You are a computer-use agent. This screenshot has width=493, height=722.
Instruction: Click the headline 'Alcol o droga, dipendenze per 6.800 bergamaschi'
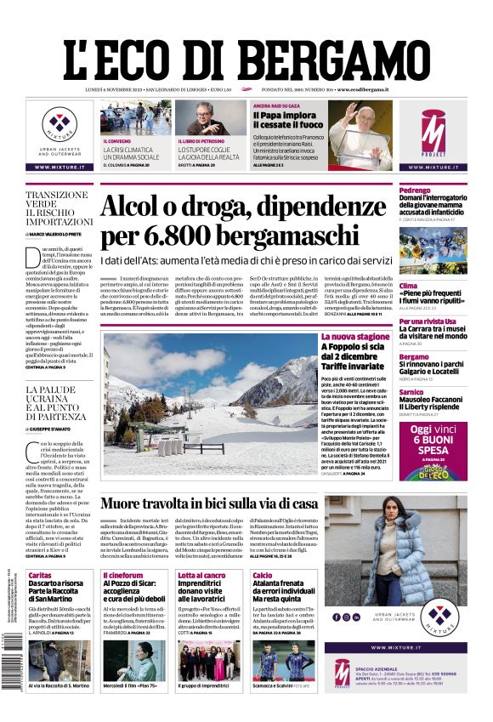(x=243, y=220)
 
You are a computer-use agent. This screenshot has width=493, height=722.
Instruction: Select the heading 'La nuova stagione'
(x=354, y=337)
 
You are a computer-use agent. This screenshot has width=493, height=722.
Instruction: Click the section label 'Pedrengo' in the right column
(x=415, y=190)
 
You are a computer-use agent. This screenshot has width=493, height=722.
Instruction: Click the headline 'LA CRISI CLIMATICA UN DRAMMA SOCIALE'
(x=131, y=154)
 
